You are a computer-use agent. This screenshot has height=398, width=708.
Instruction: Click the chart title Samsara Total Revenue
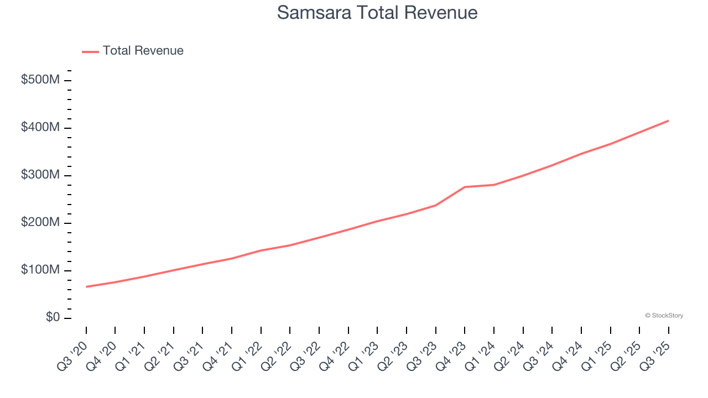click(x=377, y=13)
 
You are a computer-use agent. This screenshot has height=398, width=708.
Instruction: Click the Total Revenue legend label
click(x=143, y=51)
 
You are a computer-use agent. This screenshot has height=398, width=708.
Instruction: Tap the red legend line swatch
click(x=90, y=51)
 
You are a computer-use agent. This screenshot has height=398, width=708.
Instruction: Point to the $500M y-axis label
click(x=40, y=80)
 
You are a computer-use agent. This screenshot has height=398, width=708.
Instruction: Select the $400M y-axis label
click(x=40, y=128)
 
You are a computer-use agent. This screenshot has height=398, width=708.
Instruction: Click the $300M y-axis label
click(x=40, y=175)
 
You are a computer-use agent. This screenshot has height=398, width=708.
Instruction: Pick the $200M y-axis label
click(x=40, y=223)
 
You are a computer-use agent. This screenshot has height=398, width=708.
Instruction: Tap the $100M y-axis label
click(x=40, y=270)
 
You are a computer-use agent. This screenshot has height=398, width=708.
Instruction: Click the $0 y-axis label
click(x=53, y=318)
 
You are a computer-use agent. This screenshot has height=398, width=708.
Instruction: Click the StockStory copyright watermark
click(x=664, y=316)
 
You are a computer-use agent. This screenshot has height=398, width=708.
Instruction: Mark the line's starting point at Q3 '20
click(x=86, y=287)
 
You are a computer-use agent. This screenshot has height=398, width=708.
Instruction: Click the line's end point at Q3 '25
click(x=669, y=121)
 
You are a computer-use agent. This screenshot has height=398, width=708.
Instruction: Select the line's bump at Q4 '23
click(x=465, y=187)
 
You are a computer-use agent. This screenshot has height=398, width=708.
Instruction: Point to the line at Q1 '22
click(x=261, y=250)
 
